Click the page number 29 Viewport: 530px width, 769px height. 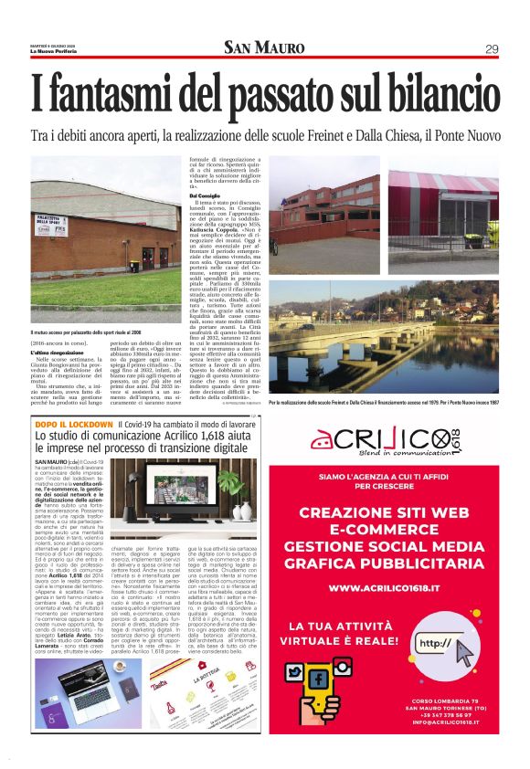[492, 48]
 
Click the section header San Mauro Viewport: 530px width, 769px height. [264, 48]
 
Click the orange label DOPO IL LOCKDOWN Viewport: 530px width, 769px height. [73, 425]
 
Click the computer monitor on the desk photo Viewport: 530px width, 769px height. [196, 489]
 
